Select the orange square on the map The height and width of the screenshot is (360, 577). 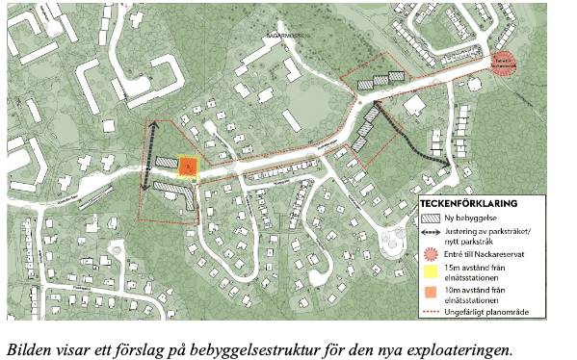click(x=189, y=167)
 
